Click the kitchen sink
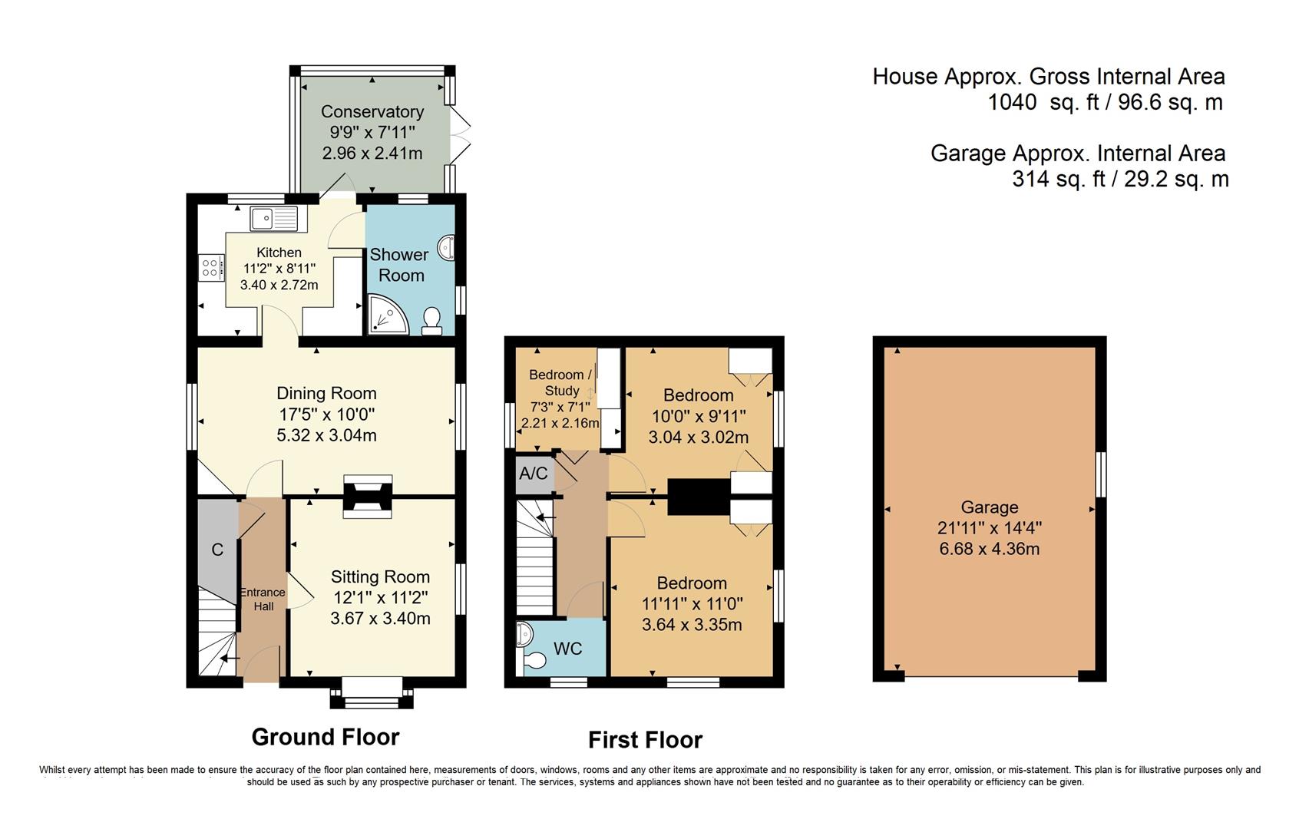(x=274, y=219)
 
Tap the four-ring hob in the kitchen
(x=210, y=268)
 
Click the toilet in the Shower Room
(x=431, y=322)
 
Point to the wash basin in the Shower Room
(x=446, y=248)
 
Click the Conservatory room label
(x=372, y=111)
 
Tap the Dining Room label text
(x=326, y=393)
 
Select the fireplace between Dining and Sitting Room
(x=368, y=496)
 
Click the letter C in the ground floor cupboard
(x=217, y=550)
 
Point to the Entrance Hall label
(x=263, y=599)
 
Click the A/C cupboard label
(x=534, y=474)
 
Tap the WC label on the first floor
(x=567, y=648)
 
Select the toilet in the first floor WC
(x=534, y=660)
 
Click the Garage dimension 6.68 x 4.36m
(x=990, y=548)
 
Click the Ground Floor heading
(x=326, y=737)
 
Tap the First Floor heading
(x=645, y=740)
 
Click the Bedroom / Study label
(x=560, y=382)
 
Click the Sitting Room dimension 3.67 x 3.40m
(x=381, y=618)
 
